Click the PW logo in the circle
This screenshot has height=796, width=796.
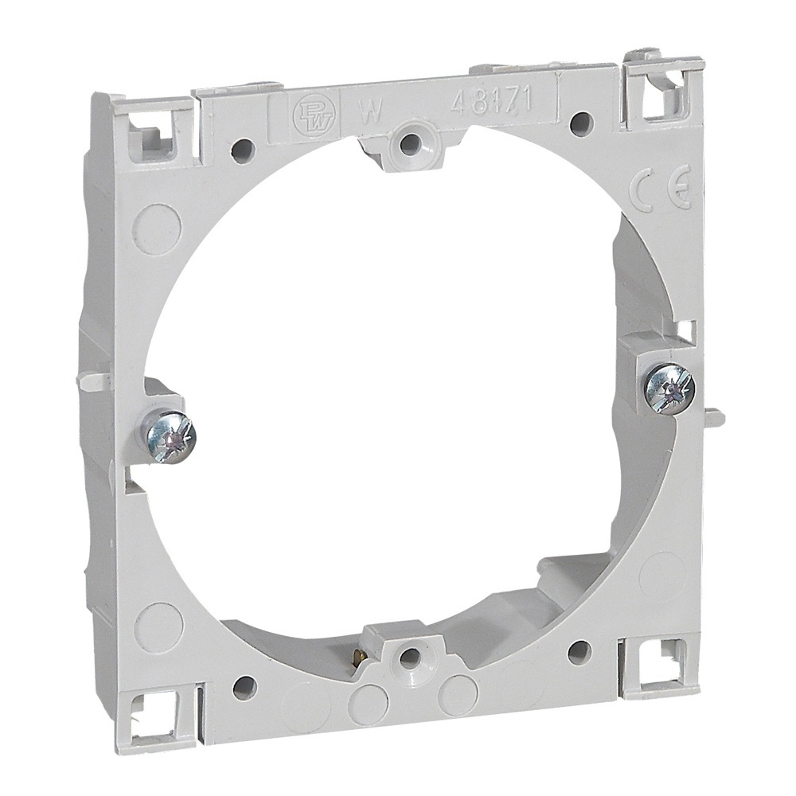click(306, 111)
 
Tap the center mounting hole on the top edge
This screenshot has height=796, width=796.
click(409, 144)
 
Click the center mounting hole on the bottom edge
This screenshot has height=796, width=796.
click(409, 657)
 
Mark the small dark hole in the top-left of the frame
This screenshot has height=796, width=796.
click(243, 149)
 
